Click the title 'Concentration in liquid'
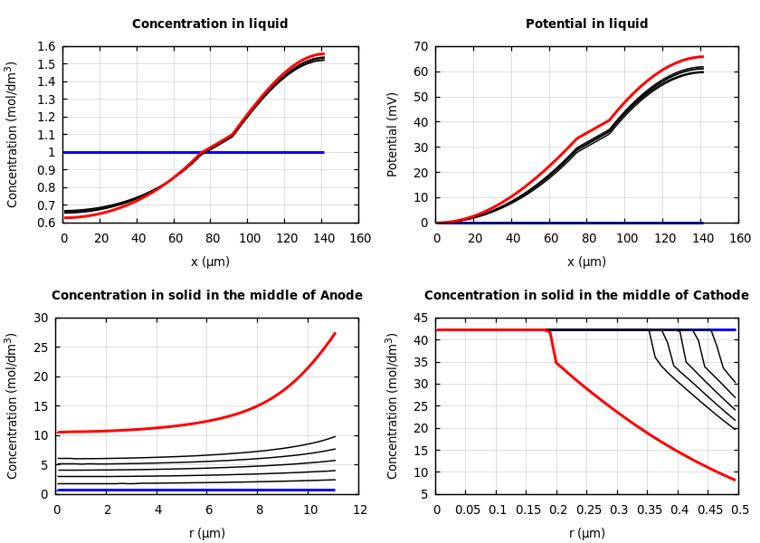coord(210,24)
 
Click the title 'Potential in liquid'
coord(586,24)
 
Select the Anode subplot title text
coord(206,296)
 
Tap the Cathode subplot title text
coord(586,296)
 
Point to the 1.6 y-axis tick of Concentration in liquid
coord(45,47)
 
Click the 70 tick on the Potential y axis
coord(421,47)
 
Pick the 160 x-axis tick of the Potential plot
coord(739,238)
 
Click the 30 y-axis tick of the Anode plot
coord(40,319)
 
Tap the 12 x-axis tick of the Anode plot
coord(359,510)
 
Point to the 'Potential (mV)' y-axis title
coord(393,134)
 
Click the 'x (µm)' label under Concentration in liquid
coord(210,262)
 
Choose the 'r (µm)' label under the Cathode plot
coord(586,534)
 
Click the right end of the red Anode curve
coord(335,333)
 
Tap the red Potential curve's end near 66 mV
coord(702,57)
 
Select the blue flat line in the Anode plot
coord(181,490)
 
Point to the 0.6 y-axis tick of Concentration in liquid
coord(45,223)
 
